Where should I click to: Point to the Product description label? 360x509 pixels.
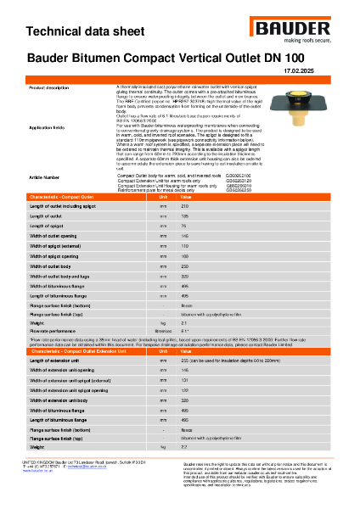[x=49, y=87]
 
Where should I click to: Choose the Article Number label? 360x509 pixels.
[x=44, y=177]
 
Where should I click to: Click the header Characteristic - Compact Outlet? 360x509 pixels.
[x=68, y=196]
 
